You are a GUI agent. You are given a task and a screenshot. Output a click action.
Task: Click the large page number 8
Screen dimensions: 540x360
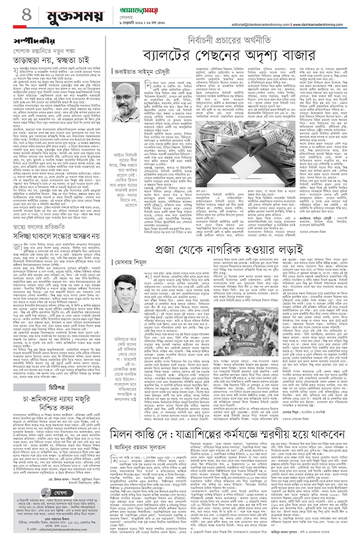tap(11, 16)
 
